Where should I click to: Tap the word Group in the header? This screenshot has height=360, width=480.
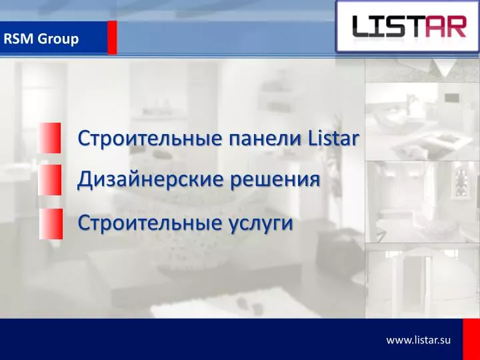58,39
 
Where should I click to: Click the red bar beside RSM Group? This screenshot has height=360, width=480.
112,37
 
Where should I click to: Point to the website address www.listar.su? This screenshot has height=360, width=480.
419,340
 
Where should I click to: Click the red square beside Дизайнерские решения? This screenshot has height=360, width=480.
49,180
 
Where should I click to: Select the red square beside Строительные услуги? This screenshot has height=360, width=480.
49,223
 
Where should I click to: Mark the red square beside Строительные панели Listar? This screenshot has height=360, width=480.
49,138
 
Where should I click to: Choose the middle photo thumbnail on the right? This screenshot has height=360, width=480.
422,201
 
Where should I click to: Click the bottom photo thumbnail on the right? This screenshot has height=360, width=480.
422,280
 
